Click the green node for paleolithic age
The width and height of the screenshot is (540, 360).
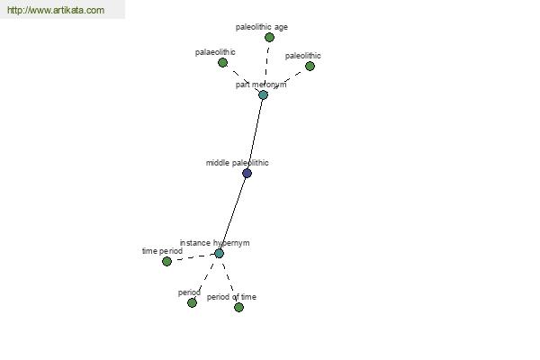[269, 37]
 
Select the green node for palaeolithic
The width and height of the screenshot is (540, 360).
[223, 63]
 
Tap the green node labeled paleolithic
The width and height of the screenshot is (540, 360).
[310, 66]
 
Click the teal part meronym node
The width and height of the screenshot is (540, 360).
[263, 94]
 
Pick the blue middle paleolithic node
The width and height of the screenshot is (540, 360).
[247, 174]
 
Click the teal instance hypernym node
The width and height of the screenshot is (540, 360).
[219, 254]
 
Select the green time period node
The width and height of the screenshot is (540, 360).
[166, 262]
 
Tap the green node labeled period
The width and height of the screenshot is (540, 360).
[192, 302]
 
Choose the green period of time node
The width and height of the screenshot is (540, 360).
[238, 307]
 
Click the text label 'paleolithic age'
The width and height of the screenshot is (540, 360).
[262, 27]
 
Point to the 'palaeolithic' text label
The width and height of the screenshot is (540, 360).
[215, 52]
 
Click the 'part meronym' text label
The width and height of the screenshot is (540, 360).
[261, 85]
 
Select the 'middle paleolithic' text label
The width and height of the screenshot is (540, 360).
[238, 163]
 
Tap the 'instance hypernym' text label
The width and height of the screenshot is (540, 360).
[214, 243]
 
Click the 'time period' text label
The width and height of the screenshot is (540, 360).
[162, 251]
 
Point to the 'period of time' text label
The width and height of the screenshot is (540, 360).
[231, 297]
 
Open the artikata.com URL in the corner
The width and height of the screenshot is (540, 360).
[56, 10]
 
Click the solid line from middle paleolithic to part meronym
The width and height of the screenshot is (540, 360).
[255, 134]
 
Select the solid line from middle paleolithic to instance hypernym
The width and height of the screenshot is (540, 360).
[233, 213]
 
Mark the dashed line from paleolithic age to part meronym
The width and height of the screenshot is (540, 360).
[266, 66]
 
